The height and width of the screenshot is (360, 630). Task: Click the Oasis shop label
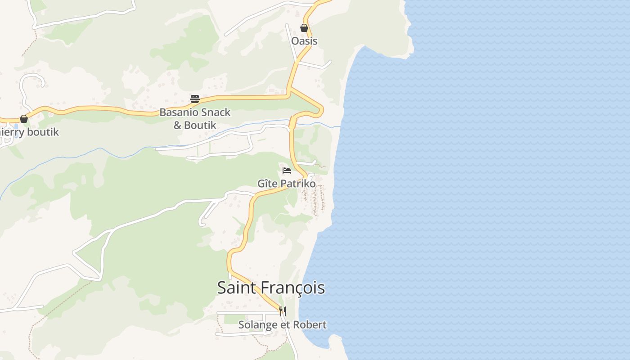tap(304, 41)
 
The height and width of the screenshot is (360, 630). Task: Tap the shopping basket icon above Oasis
tap(304, 28)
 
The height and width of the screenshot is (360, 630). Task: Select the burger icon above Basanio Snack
tap(195, 99)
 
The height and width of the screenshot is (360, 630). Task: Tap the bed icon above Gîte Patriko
tap(287, 171)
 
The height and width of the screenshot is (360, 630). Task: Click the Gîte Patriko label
tap(286, 184)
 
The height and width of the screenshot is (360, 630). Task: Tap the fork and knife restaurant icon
tap(283, 311)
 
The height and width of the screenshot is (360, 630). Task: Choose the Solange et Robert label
tap(282, 325)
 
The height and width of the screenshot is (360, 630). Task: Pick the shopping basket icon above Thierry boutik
tap(24, 119)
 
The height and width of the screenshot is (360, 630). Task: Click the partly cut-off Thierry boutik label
tap(29, 132)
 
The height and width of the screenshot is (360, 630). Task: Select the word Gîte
tap(267, 184)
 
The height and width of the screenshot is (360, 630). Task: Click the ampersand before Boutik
tap(178, 125)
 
